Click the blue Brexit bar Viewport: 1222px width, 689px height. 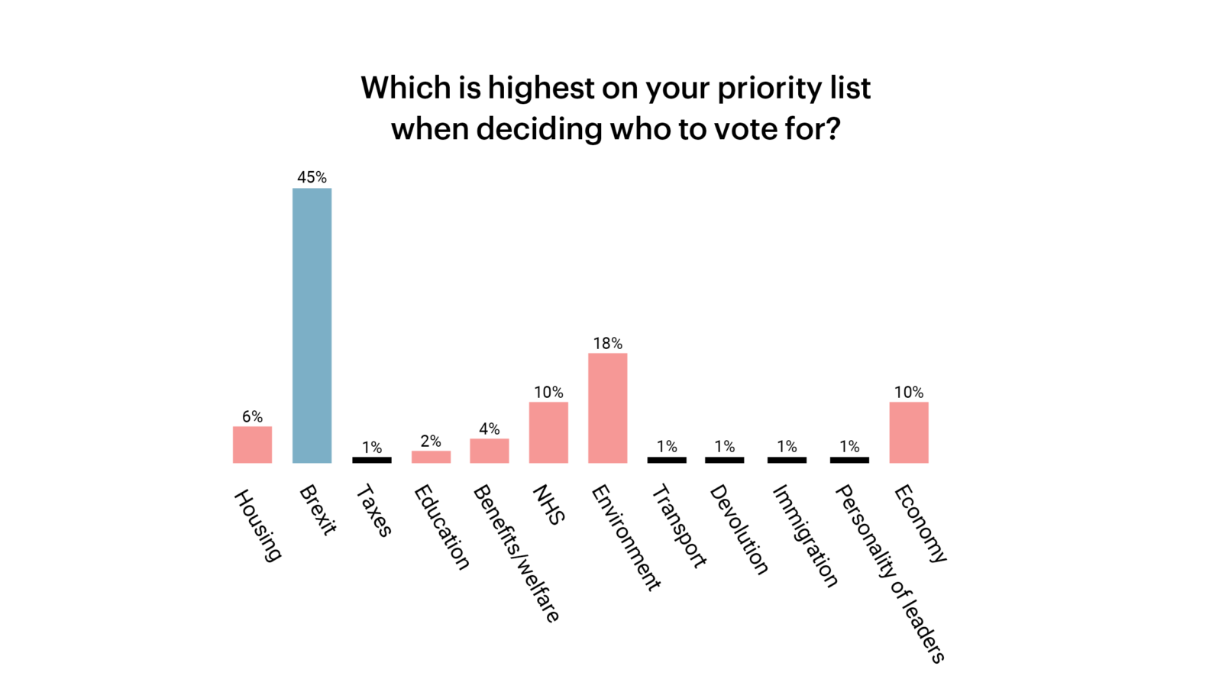(312, 325)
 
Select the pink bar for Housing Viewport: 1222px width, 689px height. (252, 445)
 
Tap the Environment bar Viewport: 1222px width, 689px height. (607, 408)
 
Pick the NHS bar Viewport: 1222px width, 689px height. (548, 432)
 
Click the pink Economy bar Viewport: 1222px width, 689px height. (909, 432)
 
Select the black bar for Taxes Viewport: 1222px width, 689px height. (371, 460)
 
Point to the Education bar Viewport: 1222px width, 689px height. (431, 457)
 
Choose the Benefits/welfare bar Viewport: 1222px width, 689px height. (489, 451)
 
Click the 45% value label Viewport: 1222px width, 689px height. (312, 177)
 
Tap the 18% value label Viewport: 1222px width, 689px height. (607, 344)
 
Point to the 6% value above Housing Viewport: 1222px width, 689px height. (252, 416)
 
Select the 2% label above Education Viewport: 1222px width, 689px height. (431, 442)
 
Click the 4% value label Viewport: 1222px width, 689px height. (489, 429)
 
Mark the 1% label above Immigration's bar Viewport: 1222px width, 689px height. (787, 446)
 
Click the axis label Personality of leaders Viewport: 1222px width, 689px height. (890, 573)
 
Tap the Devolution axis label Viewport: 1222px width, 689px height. (739, 529)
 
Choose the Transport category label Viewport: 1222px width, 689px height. (679, 526)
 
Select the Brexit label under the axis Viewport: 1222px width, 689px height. (318, 509)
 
